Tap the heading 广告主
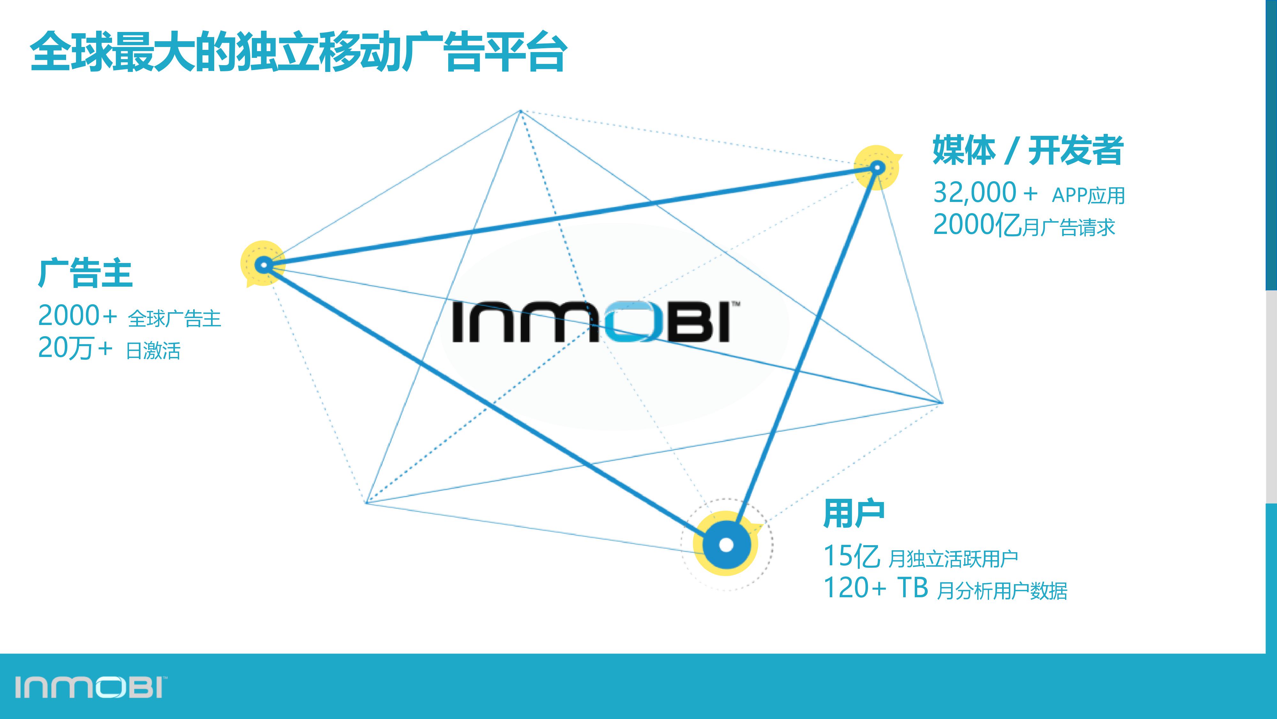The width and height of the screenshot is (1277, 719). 85,274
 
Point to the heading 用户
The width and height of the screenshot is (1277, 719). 854,514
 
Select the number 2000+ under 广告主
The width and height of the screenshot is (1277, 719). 77,316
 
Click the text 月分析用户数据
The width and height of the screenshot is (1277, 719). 1002,591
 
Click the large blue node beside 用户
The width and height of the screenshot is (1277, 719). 726,544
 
